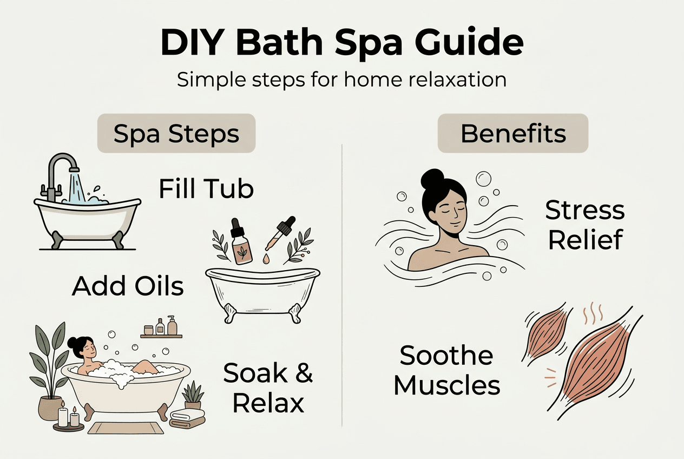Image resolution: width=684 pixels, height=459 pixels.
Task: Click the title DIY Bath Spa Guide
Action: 342,43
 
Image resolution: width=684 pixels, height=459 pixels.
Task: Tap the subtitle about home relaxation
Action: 342,80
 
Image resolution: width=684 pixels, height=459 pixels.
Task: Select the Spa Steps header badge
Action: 176,133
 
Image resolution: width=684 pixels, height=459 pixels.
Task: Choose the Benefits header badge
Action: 513,133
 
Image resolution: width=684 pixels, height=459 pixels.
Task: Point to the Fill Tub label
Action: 206,189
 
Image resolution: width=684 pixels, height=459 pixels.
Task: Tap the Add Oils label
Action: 128,286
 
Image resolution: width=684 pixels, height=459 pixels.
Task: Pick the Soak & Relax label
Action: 268,388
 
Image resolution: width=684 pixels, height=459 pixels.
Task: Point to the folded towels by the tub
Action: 187,418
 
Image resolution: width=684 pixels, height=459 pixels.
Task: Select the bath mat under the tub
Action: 126,429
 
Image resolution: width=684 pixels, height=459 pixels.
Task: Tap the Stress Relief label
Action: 584,225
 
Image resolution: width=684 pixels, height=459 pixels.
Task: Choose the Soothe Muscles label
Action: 447,371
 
